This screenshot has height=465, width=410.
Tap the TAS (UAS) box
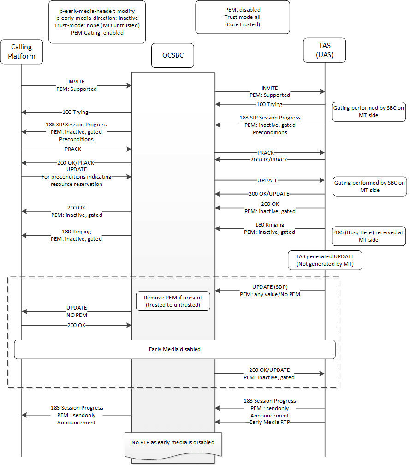[325, 50]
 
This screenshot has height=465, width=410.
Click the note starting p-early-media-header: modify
[97, 22]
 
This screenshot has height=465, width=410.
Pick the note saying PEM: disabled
[243, 17]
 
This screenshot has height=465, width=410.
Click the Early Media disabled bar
[175, 349]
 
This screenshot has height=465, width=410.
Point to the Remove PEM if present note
[173, 301]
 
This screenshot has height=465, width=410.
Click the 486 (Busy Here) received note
[368, 236]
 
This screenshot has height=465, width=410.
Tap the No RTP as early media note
[173, 442]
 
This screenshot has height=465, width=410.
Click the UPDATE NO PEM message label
[77, 311]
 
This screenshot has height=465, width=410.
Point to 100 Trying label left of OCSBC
[75, 112]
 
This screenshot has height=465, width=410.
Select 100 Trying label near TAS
[269, 104]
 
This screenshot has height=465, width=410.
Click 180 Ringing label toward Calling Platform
[76, 235]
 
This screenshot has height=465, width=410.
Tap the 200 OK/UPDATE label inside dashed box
[269, 374]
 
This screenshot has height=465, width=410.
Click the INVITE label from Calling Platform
[76, 85]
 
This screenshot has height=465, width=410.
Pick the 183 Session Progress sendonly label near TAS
[270, 408]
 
